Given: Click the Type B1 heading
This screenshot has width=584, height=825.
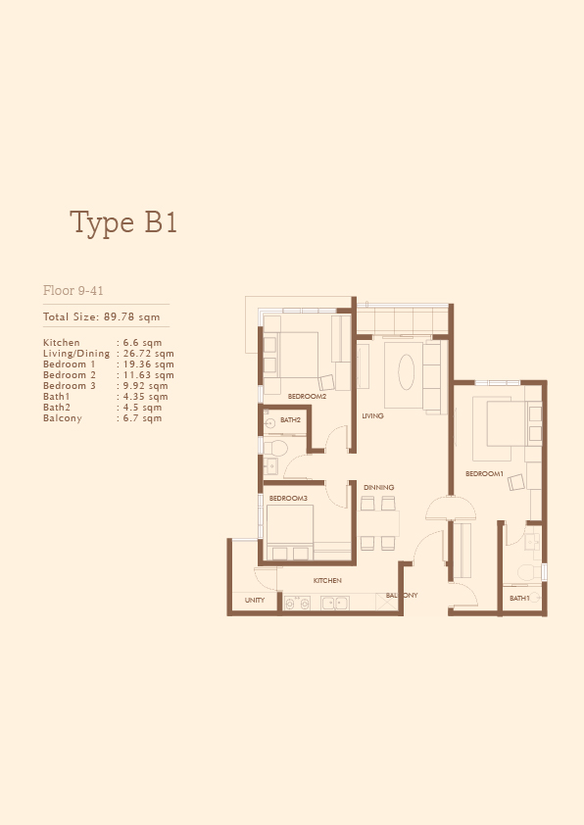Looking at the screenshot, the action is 123,222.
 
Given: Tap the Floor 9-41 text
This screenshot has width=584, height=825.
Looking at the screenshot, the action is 73,290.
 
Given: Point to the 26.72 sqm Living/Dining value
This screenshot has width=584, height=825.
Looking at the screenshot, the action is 148,354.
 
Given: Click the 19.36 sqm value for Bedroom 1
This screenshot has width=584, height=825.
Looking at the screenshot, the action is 148,364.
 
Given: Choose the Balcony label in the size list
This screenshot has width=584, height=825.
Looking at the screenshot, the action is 63,418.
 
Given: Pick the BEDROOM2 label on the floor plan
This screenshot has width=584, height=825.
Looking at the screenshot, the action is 308,396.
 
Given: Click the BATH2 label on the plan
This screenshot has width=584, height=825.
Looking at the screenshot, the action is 290,420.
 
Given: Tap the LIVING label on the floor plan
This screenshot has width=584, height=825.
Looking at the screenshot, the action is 372,415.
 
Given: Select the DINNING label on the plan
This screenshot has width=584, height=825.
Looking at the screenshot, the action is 379,488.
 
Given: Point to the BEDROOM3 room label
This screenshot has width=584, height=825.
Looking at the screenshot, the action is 288,498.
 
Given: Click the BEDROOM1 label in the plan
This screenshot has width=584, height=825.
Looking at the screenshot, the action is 485,473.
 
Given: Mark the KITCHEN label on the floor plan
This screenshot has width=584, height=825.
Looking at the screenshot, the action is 327,580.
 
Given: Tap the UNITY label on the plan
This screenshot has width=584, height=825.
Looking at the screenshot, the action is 255,600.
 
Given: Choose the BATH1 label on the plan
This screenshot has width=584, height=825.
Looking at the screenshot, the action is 519,599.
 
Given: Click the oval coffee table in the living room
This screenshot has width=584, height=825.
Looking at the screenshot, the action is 407,372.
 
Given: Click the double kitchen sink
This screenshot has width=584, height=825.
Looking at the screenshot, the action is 335,603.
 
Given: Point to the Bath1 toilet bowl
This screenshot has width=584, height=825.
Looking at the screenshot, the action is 528,572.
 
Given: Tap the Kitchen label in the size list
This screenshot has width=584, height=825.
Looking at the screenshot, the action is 62,343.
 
